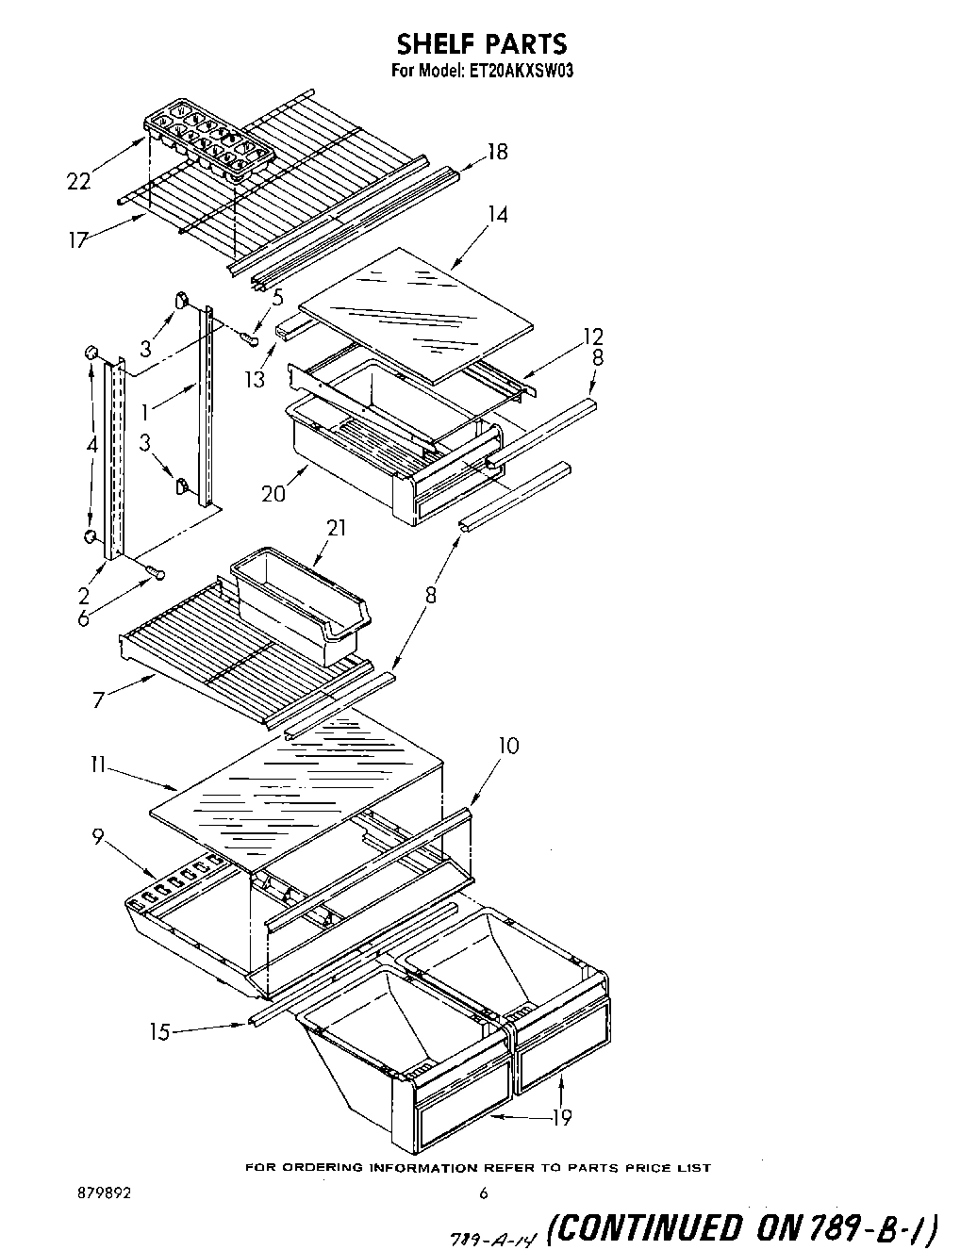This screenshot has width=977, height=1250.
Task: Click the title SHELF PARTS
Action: click(x=481, y=43)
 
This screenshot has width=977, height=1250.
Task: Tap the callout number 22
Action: click(x=78, y=181)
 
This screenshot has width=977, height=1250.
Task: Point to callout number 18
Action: click(x=496, y=152)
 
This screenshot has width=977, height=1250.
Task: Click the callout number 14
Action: click(x=496, y=215)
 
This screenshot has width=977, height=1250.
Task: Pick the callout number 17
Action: click(x=77, y=239)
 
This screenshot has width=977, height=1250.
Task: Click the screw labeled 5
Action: click(x=251, y=338)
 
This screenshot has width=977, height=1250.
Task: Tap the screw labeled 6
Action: click(x=155, y=571)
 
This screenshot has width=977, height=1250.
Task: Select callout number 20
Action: click(x=273, y=492)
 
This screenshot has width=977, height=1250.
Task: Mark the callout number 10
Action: click(x=507, y=746)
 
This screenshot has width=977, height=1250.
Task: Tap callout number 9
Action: click(x=97, y=834)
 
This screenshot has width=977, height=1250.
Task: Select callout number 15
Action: click(x=159, y=1032)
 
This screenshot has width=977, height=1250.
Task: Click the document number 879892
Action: click(x=106, y=1192)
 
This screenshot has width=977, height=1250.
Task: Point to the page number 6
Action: click(x=484, y=1193)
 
